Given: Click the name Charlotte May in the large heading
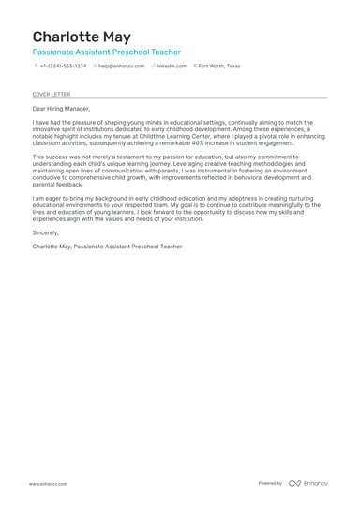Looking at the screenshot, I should click(82, 37).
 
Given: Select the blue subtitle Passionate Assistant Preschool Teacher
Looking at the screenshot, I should click(106, 52).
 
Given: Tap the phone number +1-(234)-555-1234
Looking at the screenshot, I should click(63, 67).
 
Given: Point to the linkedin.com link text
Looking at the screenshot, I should click(172, 67).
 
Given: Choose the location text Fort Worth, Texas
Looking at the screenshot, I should click(220, 67).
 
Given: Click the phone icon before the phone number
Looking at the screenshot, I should click(36, 67).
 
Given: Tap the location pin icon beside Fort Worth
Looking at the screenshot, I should click(196, 67).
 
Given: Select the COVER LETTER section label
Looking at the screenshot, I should click(51, 95).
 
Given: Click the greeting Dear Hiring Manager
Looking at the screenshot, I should click(61, 109).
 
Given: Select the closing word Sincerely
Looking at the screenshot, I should click(45, 232).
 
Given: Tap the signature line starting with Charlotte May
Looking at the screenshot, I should click(107, 247).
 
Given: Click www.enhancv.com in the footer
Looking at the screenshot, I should click(47, 483).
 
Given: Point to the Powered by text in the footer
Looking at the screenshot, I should click(270, 483).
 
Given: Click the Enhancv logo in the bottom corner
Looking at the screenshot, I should click(308, 483).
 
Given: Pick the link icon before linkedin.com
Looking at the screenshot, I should click(153, 67).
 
